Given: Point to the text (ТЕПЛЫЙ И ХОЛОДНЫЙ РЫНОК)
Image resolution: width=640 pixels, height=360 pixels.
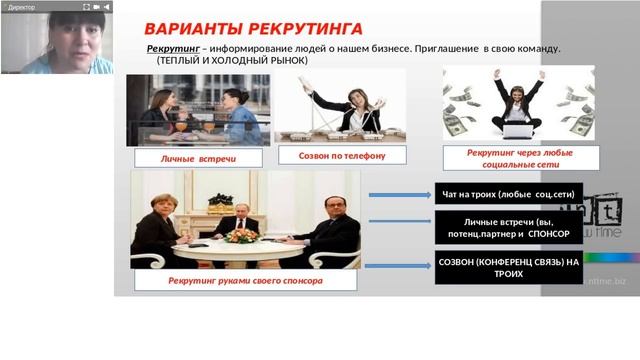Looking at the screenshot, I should pyautogui.click(x=232, y=60).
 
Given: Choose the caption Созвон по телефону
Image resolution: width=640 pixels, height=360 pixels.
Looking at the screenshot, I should pyautogui.click(x=340, y=155).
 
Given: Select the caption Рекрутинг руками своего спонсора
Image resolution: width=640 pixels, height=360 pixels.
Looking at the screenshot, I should pyautogui.click(x=244, y=281).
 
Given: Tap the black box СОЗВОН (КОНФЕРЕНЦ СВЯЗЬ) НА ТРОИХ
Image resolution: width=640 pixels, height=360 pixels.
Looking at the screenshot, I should pyautogui.click(x=509, y=267).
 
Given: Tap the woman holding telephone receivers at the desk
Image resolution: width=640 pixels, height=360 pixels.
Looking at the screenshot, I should pyautogui.click(x=351, y=105).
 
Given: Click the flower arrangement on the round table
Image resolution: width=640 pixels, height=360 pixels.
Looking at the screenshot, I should pyautogui.click(x=241, y=235).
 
